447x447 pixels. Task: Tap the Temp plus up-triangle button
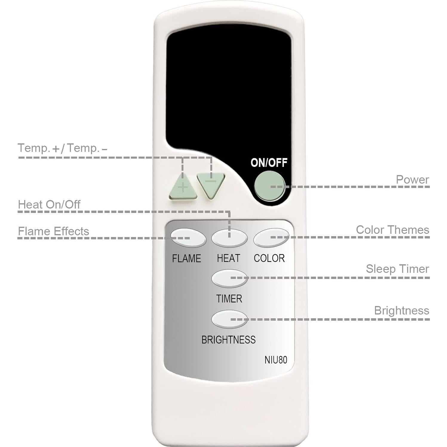183,188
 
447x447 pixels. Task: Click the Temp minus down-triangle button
211,184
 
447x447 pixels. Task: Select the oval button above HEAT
229,238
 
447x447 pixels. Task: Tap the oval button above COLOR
271,238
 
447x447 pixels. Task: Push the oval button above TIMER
229,278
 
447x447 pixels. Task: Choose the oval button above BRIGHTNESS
229,319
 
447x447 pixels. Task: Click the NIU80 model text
276,360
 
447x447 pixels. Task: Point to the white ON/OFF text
269,163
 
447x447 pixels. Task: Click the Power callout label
412,180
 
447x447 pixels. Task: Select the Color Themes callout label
392,230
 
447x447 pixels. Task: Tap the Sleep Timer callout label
397,269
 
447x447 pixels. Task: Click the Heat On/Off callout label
49,205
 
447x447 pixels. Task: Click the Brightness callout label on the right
401,311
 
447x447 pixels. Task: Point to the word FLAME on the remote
186,258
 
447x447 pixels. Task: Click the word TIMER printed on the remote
229,299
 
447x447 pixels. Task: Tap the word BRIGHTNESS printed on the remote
228,340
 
